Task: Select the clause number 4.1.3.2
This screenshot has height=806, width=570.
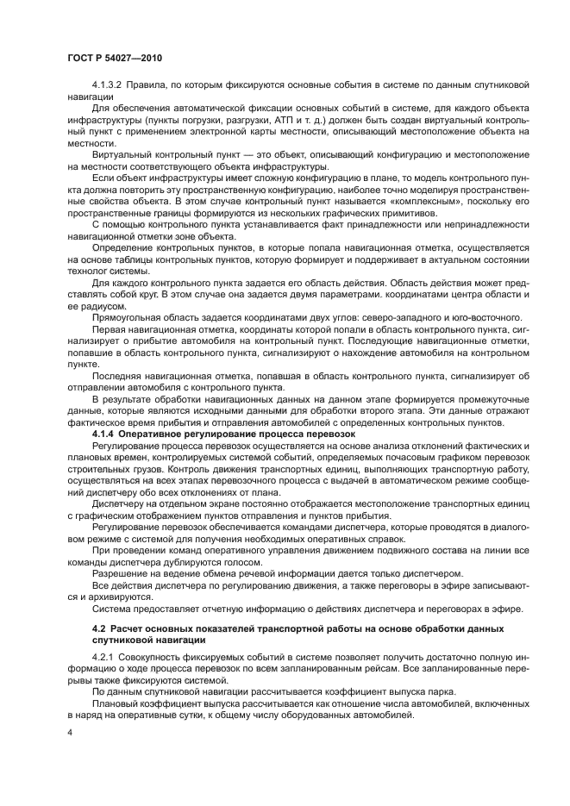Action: click(x=109, y=84)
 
